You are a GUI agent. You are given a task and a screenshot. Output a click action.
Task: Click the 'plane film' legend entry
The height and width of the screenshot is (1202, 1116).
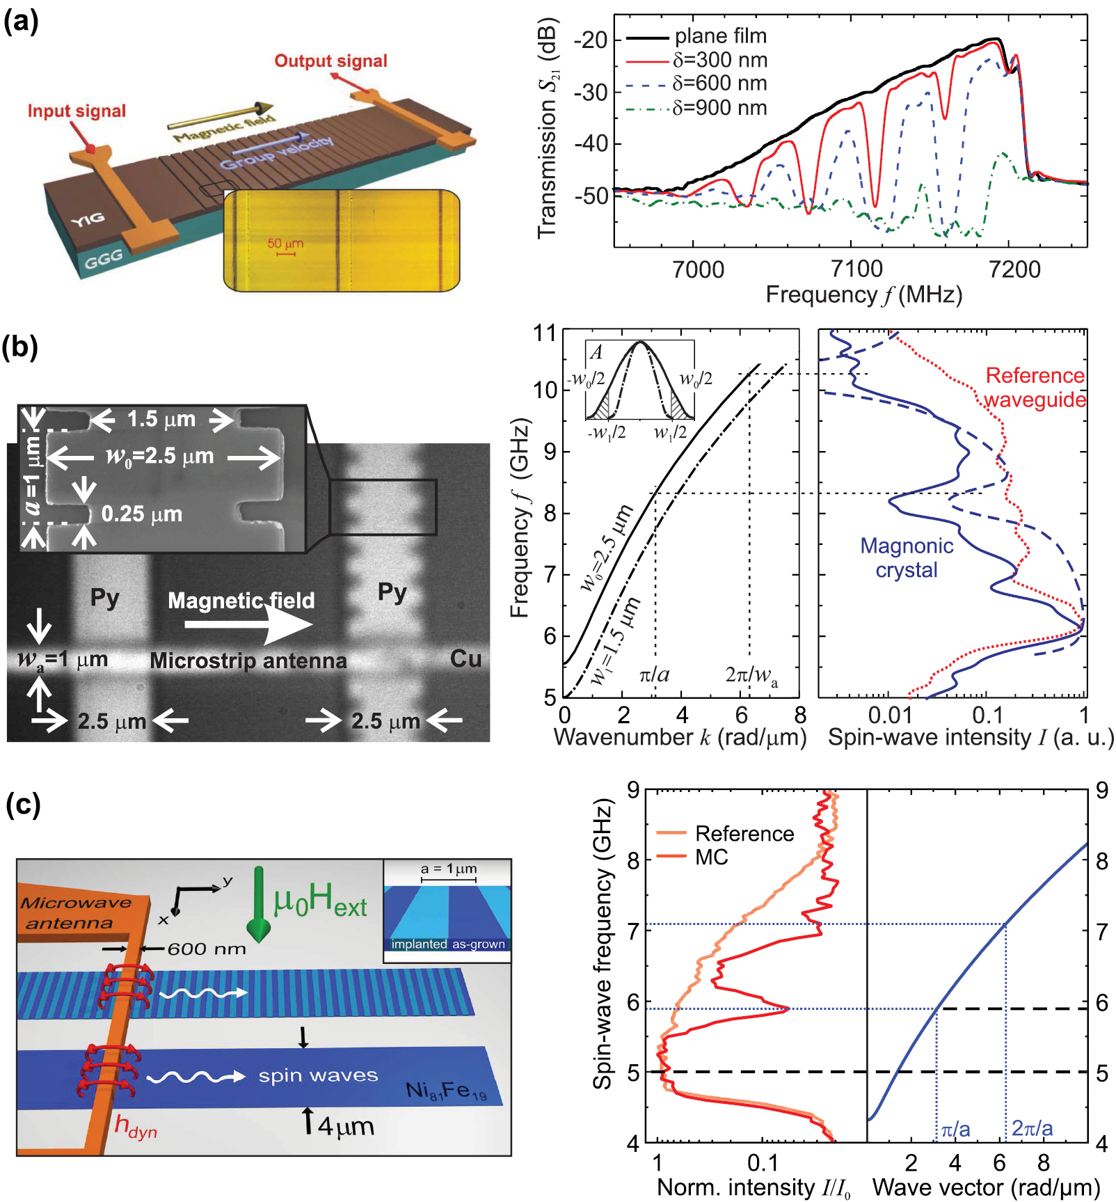point(720,36)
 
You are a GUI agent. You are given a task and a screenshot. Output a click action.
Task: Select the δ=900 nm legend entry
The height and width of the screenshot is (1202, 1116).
point(719,109)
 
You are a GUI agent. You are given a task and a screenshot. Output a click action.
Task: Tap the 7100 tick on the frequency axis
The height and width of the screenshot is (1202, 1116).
point(856,269)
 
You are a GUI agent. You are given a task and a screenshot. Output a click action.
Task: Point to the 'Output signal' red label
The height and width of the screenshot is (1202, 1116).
point(330,61)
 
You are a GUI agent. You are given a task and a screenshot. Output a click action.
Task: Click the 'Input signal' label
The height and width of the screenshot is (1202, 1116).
point(77,111)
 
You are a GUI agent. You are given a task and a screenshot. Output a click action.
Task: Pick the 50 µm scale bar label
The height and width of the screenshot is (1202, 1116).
point(285,244)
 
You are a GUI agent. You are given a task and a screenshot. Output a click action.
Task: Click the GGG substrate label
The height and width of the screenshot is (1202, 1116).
point(104,260)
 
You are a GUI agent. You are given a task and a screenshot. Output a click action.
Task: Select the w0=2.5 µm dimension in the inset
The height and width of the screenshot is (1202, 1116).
point(160,457)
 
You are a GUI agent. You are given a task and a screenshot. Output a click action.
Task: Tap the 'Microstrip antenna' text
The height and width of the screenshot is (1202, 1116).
point(248,661)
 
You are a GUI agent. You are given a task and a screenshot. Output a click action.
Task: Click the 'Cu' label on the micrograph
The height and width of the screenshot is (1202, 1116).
point(465,658)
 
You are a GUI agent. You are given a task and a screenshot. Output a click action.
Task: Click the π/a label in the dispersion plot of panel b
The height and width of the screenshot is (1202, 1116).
point(654,674)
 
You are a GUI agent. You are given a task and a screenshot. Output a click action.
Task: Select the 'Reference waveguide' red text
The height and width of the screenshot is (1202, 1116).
point(1035,388)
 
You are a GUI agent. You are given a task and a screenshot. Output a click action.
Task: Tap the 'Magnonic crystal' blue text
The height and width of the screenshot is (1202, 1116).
point(906,557)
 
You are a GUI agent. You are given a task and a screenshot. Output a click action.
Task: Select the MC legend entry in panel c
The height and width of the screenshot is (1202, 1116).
point(711,857)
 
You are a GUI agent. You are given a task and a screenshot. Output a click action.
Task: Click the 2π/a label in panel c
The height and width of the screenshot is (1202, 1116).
point(1032,1128)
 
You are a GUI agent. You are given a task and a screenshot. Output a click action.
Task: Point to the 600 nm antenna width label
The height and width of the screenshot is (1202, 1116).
point(207,949)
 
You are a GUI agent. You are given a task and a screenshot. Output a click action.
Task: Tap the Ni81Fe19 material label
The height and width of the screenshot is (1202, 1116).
point(446,1091)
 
